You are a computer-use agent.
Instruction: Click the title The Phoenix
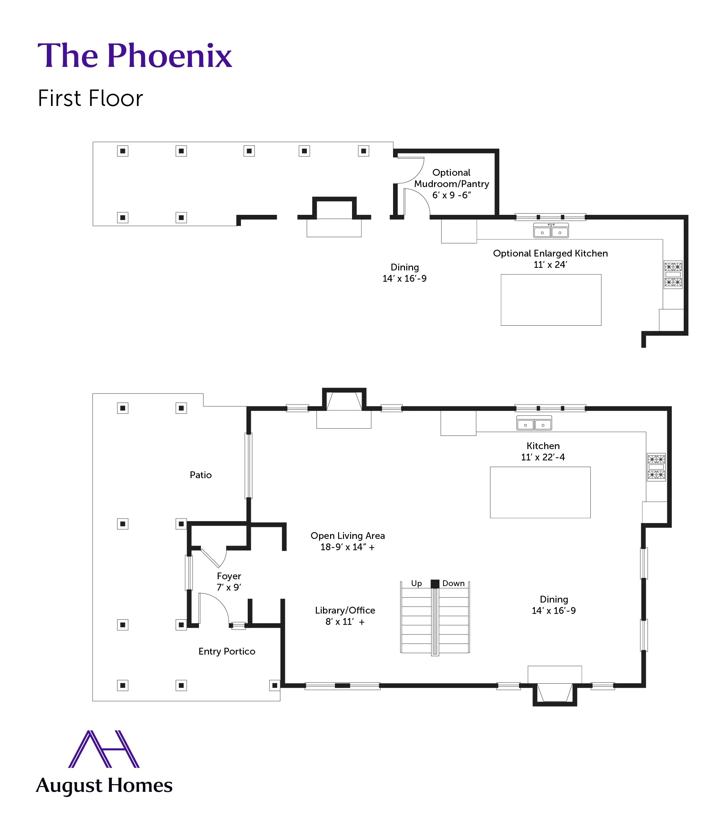pyautogui.click(x=134, y=56)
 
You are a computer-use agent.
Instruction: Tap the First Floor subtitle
pyautogui.click(x=90, y=98)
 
